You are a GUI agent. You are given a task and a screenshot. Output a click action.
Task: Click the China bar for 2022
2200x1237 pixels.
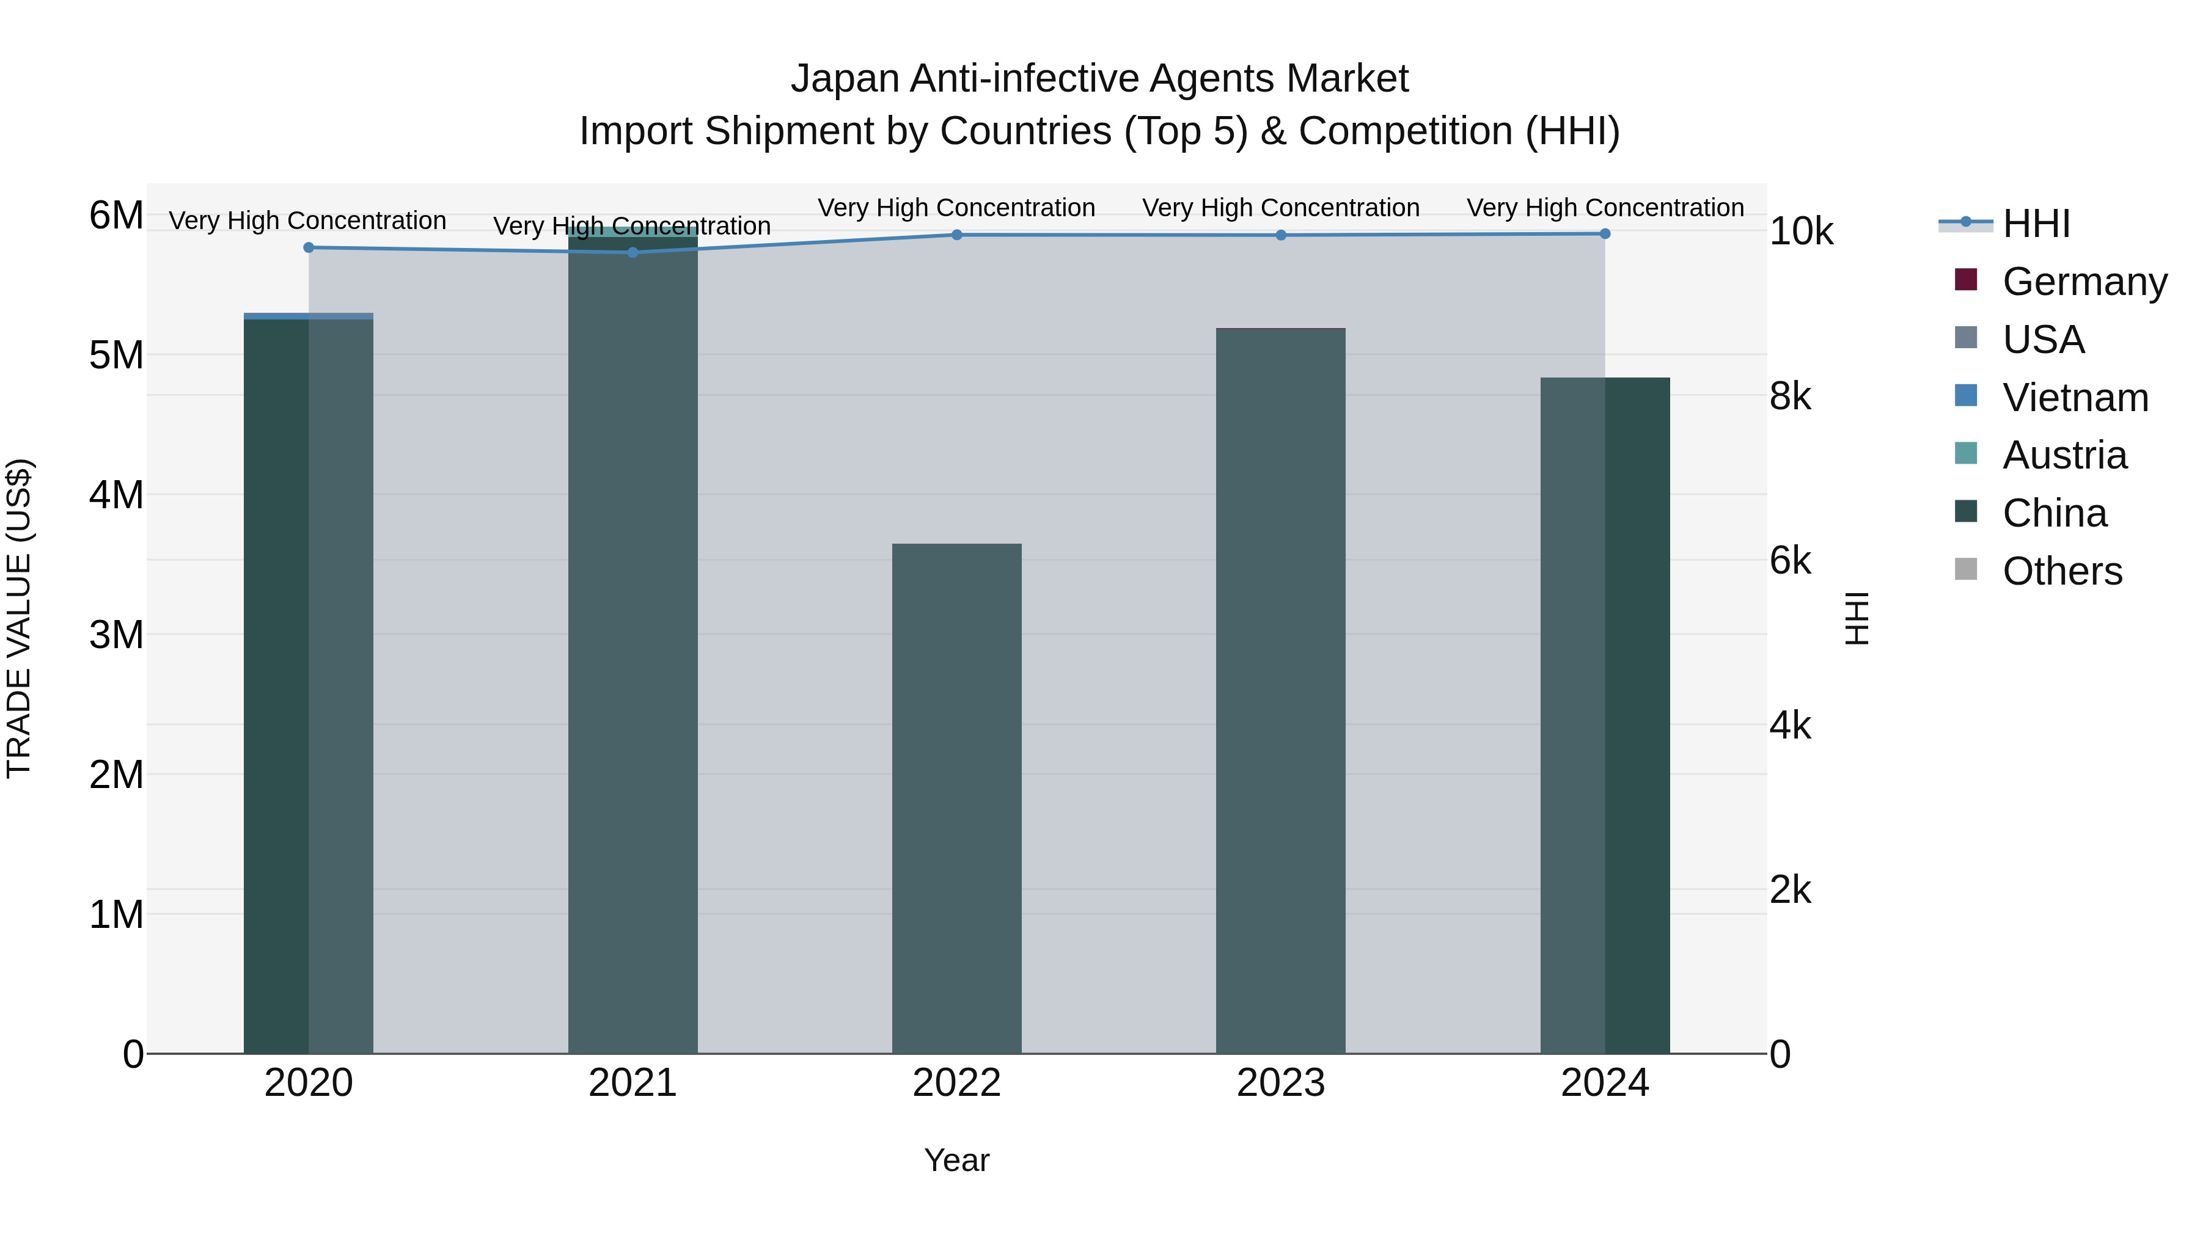coord(956,798)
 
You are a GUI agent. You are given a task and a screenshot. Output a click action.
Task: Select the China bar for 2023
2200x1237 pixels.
coord(1280,691)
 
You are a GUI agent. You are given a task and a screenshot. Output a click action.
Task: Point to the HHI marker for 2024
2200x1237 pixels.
coord(1605,234)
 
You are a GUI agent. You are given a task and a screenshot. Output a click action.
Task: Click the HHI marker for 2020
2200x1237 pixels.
coord(309,247)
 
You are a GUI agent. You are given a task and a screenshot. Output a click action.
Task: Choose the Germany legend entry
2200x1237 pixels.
coord(2084,282)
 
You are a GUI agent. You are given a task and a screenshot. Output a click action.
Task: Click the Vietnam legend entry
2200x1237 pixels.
coord(2075,398)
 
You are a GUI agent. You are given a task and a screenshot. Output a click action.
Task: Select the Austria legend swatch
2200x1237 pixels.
coord(1965,453)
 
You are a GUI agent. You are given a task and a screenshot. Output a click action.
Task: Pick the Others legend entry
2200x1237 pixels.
coord(2062,571)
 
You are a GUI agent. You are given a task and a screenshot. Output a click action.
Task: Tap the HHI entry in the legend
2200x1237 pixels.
coord(2036,224)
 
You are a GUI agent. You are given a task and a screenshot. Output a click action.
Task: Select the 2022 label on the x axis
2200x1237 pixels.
coord(956,1083)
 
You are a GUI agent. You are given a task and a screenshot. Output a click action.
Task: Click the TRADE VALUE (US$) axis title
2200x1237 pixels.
coord(19,618)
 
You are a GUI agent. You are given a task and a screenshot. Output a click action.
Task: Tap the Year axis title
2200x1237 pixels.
coord(956,1160)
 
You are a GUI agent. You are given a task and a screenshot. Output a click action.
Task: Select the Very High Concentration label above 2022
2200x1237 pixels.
coord(956,208)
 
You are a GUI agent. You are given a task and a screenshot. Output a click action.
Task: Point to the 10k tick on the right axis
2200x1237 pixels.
coord(1801,232)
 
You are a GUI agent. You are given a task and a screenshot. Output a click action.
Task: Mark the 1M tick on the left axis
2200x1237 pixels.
coord(116,914)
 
